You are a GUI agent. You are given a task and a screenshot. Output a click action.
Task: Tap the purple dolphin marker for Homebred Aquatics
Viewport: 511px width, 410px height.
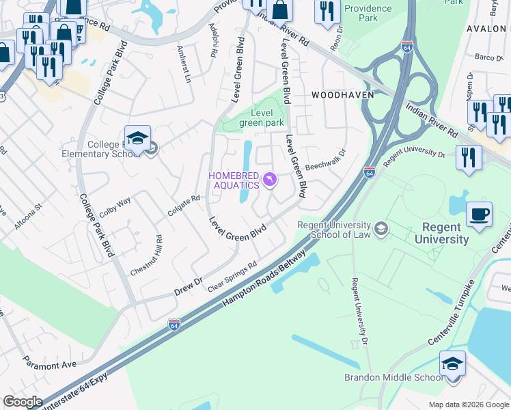[x=271, y=180]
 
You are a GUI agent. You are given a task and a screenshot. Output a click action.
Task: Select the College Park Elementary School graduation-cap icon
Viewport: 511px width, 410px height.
[x=137, y=138]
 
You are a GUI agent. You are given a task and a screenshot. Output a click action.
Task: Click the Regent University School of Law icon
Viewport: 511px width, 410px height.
[x=381, y=230]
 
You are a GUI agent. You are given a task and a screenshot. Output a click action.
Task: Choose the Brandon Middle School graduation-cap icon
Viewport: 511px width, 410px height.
[x=452, y=363]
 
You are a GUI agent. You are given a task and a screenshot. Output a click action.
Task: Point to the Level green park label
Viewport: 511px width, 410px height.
[x=260, y=118]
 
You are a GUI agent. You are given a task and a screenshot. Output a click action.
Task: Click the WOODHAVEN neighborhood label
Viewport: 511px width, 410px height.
[x=335, y=95]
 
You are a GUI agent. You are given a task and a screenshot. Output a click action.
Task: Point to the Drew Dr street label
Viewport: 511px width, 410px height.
[x=189, y=284]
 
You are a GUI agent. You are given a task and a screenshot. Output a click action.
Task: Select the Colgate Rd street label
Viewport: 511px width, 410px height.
[x=186, y=207]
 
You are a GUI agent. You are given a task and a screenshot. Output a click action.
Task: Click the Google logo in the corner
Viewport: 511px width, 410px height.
[x=23, y=402]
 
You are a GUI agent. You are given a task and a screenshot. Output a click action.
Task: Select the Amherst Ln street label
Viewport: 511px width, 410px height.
[x=184, y=65]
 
